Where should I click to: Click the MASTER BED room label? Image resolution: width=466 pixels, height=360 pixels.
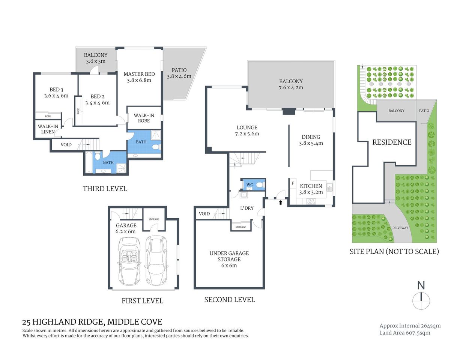139,74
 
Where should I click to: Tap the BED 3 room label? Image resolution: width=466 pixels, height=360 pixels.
56,90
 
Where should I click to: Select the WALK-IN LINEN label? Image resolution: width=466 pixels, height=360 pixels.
48,129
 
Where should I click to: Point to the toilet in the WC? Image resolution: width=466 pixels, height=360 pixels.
260,185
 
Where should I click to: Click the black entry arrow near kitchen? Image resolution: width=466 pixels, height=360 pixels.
281,202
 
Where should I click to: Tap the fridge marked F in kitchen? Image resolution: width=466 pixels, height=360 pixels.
293,183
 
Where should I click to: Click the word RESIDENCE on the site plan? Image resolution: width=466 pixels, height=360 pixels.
392,142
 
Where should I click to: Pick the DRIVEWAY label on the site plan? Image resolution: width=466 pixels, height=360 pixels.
400,228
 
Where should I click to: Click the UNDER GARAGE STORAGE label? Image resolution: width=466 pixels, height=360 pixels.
229,256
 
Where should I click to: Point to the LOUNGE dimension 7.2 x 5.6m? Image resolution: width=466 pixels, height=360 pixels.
247,134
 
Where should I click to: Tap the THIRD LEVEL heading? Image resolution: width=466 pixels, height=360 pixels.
105,189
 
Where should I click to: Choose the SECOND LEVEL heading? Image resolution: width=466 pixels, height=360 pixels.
229,300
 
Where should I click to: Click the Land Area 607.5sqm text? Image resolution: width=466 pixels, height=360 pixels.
404,333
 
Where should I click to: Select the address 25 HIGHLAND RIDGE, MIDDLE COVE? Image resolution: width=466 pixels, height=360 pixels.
92,322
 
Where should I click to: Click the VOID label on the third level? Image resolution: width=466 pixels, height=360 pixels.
66,145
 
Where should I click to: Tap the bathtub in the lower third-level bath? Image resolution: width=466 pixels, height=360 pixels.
89,163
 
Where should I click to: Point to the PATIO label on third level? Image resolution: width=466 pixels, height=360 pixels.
179,70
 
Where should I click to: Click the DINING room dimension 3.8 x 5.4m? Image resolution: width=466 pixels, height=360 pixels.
311,143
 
